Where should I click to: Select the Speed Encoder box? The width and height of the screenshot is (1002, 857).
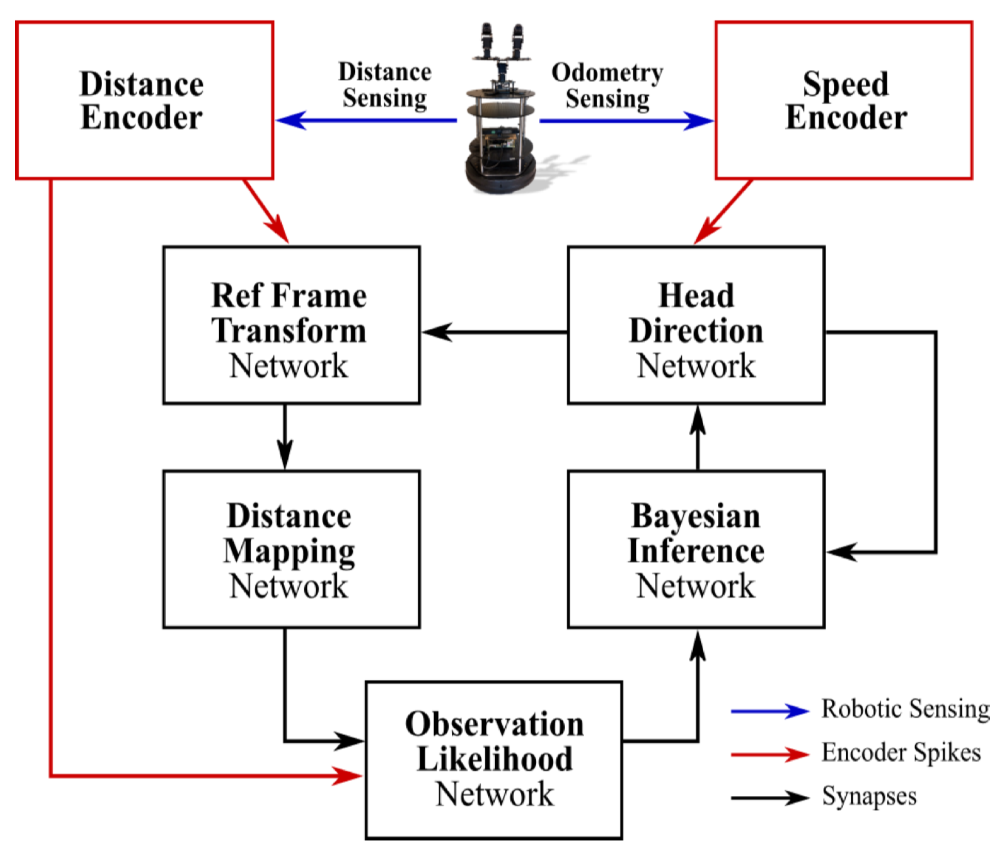[x=843, y=100]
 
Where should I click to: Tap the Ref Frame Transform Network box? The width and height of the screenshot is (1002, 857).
[x=291, y=325]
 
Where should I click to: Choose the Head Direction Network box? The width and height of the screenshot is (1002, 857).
[x=696, y=325]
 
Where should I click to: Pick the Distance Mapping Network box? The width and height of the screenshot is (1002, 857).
[x=291, y=549]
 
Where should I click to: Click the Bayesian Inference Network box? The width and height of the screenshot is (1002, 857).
[x=696, y=549]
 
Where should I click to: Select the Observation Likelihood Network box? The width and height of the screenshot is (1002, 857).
[x=494, y=760]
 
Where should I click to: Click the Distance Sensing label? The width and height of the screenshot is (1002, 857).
[x=385, y=85]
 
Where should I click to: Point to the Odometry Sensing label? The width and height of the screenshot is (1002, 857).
[x=607, y=86]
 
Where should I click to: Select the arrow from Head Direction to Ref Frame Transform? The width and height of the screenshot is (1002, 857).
[x=494, y=332]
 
